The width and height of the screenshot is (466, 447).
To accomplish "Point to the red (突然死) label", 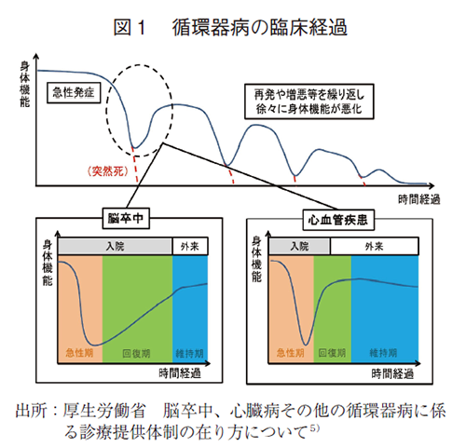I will tap(110, 170).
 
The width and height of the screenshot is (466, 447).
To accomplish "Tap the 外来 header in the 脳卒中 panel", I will tap(188, 246).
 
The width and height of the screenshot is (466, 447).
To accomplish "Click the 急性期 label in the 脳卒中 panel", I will tap(79, 355).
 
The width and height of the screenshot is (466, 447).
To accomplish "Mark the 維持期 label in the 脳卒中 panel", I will tap(189, 355).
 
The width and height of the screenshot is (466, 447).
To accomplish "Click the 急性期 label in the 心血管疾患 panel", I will tap(290, 355).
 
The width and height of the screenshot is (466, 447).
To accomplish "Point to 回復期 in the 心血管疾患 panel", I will tap(332, 355).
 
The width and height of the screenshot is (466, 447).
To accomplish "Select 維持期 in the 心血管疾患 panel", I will tap(384, 355).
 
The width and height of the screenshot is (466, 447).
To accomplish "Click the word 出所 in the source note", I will tap(33, 411).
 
